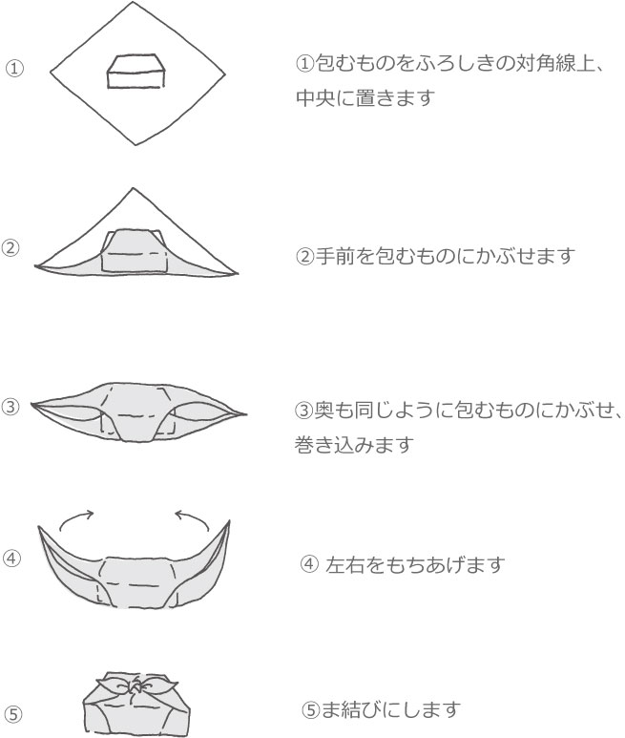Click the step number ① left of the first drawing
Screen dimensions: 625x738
point(14,69)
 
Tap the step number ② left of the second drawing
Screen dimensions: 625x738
point(10,248)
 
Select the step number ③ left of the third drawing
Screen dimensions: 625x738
point(10,407)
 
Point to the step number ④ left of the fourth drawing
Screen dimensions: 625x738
point(11,559)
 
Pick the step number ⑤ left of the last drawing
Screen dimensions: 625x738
point(13,714)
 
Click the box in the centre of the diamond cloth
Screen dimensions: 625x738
point(136,71)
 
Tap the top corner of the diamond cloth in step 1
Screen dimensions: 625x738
point(133,2)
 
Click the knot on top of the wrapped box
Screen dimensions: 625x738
point(135,687)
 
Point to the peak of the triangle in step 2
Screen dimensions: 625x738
point(134,188)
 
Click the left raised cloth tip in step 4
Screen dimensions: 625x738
point(39,527)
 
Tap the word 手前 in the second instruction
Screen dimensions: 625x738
point(335,256)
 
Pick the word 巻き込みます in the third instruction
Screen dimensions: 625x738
point(354,445)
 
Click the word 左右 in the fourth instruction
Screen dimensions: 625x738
point(345,564)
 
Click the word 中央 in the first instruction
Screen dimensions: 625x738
point(316,98)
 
